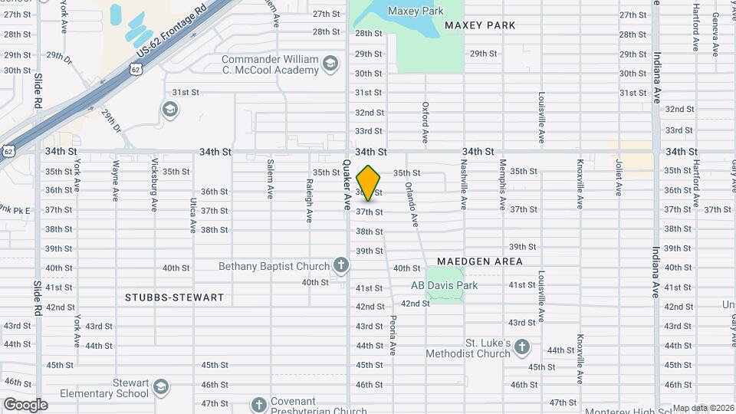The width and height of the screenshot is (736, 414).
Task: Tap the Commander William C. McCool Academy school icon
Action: point(330,63)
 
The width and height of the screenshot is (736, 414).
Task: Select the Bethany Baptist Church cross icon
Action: point(341,266)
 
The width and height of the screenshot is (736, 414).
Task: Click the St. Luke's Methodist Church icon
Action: point(522,347)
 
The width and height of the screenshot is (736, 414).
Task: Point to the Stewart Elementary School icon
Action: point(160,386)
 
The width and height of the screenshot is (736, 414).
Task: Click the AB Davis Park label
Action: point(444,285)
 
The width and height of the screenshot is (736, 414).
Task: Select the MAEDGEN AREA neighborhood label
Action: point(480,261)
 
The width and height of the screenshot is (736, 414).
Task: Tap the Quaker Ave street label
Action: point(346,185)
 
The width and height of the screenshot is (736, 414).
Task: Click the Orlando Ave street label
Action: point(411,203)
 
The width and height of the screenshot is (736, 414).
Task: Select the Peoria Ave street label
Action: point(392,335)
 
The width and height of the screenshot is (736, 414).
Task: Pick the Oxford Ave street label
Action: point(426,123)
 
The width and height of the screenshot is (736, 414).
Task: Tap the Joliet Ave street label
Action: point(618,177)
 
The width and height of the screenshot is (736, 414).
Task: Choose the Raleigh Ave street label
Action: point(309,201)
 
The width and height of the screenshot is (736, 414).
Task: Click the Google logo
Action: point(25,404)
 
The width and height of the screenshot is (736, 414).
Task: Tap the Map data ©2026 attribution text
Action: point(703,408)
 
